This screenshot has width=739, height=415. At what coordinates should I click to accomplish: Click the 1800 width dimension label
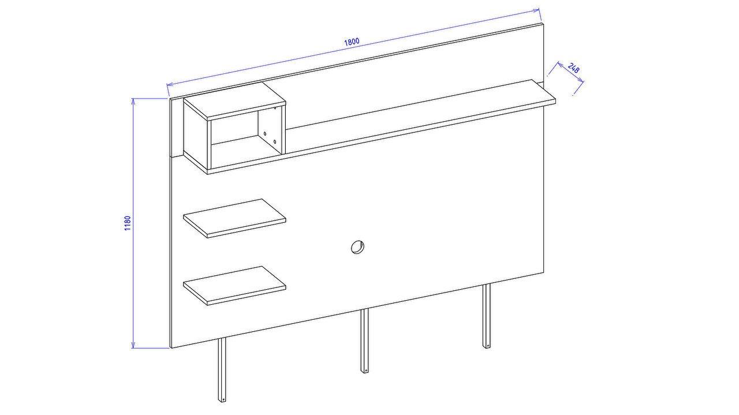[352, 42]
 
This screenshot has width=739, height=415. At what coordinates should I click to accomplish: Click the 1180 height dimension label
[128, 223]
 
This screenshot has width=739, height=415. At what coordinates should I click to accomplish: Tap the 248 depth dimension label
[574, 68]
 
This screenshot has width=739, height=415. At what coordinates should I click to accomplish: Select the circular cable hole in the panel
[357, 247]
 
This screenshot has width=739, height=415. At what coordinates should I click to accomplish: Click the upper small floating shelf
[234, 218]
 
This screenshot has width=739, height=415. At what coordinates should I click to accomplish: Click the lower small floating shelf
[234, 286]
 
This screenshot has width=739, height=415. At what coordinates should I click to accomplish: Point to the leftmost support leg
[222, 370]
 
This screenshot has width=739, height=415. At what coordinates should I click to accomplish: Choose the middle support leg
[364, 341]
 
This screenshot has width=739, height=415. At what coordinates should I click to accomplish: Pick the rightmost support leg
[486, 316]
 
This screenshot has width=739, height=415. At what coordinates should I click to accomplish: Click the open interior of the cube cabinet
[246, 139]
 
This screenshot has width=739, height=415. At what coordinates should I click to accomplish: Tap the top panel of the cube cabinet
[234, 101]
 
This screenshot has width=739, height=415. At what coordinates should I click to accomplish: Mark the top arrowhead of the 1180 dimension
[133, 101]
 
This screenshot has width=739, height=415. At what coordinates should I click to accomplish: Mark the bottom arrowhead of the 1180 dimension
[133, 345]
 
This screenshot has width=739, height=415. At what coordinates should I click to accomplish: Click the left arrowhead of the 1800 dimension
[170, 85]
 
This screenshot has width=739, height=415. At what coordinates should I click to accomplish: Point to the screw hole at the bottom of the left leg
[222, 399]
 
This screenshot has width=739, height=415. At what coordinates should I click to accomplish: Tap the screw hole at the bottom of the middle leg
[365, 371]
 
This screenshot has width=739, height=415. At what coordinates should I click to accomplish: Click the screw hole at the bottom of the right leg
[487, 346]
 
